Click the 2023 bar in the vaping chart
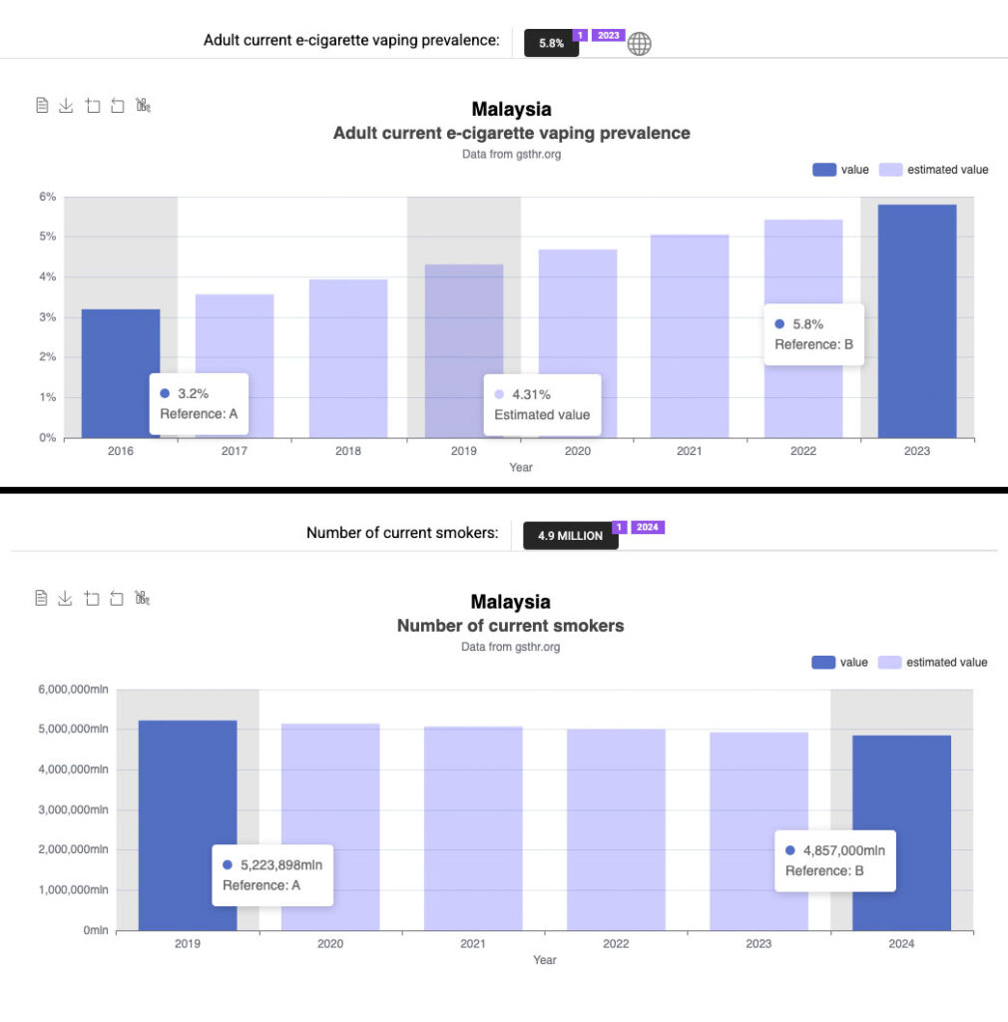(x=916, y=320)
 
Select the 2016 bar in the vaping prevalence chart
(x=121, y=349)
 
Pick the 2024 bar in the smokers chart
(x=901, y=788)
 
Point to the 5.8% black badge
(x=551, y=44)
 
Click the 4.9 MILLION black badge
(x=570, y=536)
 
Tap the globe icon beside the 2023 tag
(x=639, y=44)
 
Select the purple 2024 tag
(x=648, y=527)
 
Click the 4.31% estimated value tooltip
(x=542, y=404)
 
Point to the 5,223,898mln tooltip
(x=271, y=874)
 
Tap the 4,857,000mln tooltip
(x=835, y=860)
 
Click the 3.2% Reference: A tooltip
(x=199, y=403)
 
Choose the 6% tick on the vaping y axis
(x=47, y=197)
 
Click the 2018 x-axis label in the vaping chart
(x=348, y=451)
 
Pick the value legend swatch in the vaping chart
(x=823, y=170)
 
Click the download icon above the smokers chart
(x=65, y=598)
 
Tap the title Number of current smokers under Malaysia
(x=510, y=626)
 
